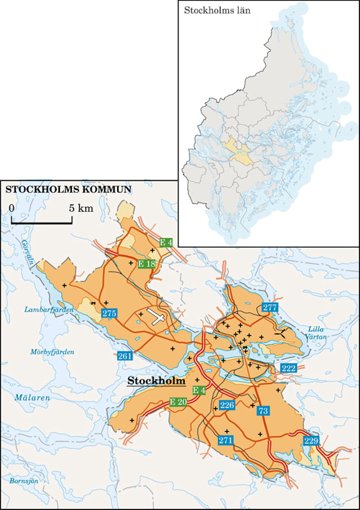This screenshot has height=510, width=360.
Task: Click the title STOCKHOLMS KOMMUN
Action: click(68, 189)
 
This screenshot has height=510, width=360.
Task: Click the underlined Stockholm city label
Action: click(155, 381)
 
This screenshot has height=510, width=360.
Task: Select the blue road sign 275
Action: click(109, 313)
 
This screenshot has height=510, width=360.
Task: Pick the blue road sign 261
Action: click(124, 356)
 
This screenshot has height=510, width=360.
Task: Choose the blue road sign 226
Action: click(227, 405)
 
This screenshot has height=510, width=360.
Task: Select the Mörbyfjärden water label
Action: click(52, 351)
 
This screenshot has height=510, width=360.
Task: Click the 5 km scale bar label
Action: click(82, 208)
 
